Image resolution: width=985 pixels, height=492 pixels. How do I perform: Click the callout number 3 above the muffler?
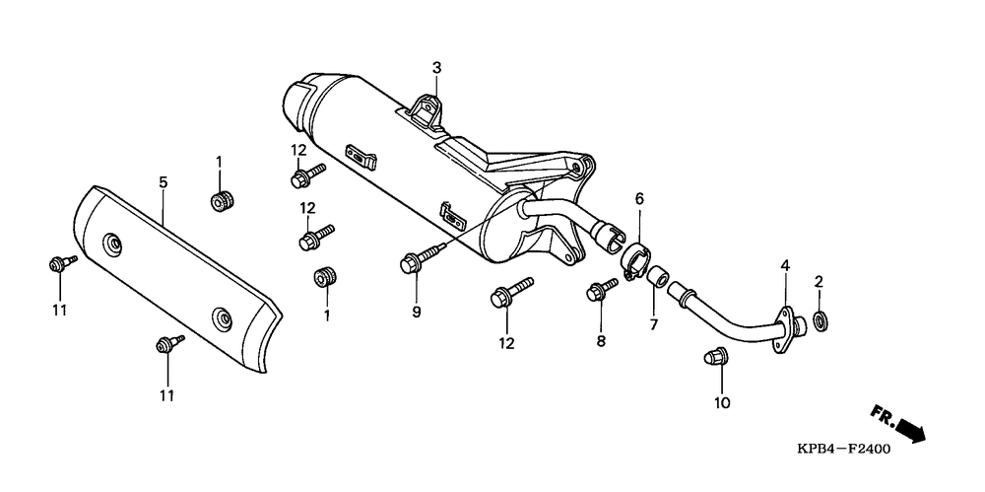click(x=436, y=67)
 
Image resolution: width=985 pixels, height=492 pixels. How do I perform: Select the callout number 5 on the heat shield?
click(x=164, y=182)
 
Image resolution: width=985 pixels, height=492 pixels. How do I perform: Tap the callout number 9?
click(x=417, y=312)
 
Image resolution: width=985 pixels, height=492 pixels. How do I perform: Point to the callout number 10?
click(x=722, y=402)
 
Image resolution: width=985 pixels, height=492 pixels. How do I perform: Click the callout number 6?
click(x=639, y=199)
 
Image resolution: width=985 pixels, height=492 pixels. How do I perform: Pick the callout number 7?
click(x=653, y=324)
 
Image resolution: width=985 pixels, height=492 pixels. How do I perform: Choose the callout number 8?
click(x=601, y=341)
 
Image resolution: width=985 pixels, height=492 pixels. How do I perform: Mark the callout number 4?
click(x=785, y=265)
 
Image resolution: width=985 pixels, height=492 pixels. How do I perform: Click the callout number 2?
click(x=819, y=281)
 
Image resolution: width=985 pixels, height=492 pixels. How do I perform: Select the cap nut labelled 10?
click(x=714, y=357)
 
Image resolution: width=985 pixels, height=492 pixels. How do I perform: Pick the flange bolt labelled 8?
click(x=602, y=290)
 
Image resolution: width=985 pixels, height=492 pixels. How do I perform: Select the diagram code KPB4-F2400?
click(x=843, y=450)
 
